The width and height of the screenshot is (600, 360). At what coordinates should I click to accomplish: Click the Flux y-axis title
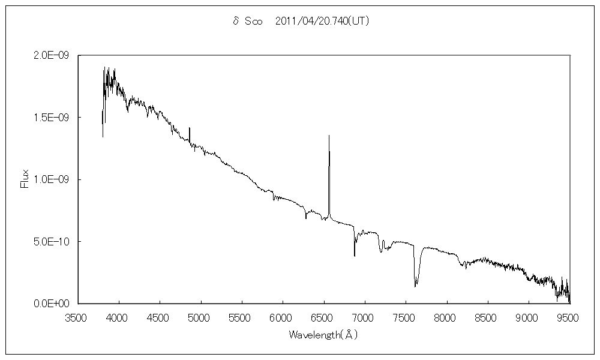(x=25, y=179)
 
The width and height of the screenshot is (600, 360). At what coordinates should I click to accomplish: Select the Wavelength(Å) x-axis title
(x=323, y=334)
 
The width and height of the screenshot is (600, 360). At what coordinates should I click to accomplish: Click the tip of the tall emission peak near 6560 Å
(x=329, y=136)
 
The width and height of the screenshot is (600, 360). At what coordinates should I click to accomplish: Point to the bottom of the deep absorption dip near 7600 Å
(x=415, y=286)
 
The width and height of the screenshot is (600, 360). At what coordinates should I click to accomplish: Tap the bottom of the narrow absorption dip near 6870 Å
(x=355, y=256)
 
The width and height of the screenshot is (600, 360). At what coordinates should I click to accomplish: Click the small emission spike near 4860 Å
(x=190, y=128)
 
